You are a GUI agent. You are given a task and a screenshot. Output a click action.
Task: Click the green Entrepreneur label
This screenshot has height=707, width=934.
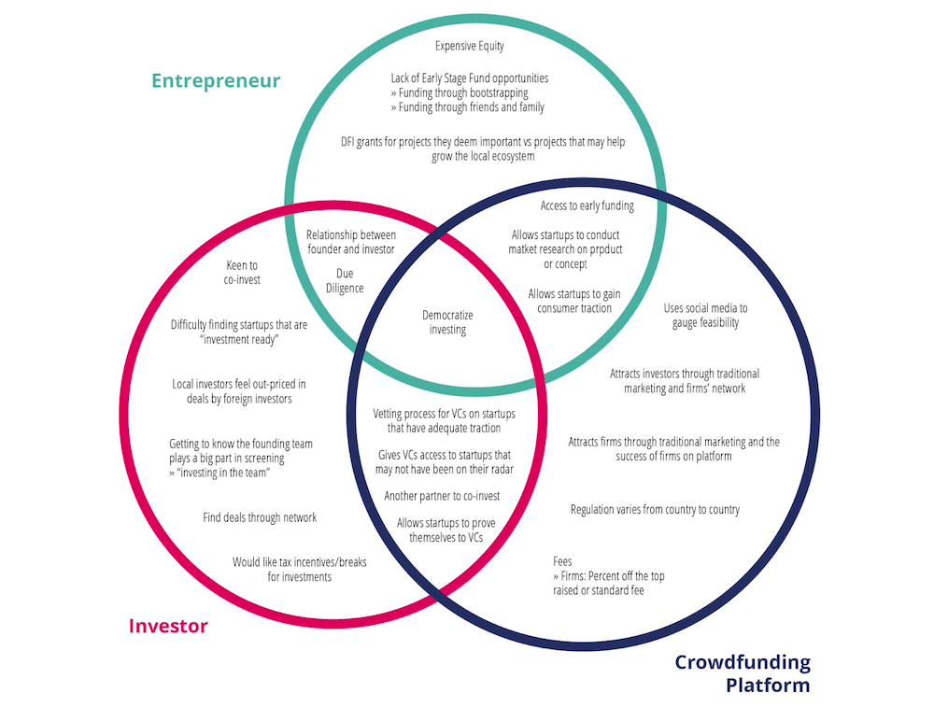click(216, 80)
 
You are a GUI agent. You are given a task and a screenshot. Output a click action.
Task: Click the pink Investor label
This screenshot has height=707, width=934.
click(168, 626)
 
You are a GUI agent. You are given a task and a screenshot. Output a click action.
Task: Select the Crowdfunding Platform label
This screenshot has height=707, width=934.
click(742, 673)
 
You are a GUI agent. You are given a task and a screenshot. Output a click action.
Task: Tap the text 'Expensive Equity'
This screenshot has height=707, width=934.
click(470, 46)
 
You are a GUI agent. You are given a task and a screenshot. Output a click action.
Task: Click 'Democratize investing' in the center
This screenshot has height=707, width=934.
click(445, 322)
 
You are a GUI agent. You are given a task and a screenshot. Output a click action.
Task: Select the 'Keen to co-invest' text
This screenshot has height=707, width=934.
click(242, 272)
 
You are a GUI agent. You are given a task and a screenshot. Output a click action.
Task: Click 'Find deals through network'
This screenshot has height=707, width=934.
click(260, 517)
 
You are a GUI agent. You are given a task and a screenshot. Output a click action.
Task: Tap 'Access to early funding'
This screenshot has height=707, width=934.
click(587, 205)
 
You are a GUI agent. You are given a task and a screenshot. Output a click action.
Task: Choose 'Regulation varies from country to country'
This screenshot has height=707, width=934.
click(655, 509)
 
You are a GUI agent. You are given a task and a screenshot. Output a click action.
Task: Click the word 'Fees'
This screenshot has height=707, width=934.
click(562, 561)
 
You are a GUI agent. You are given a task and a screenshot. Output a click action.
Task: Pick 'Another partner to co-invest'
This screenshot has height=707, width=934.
click(442, 495)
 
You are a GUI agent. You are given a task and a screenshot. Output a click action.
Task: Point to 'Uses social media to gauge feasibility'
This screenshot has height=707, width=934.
click(705, 316)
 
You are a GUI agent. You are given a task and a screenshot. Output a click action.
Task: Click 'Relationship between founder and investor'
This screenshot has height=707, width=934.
click(351, 243)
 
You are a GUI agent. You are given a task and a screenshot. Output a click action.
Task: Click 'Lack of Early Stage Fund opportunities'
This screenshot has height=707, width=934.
click(469, 78)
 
